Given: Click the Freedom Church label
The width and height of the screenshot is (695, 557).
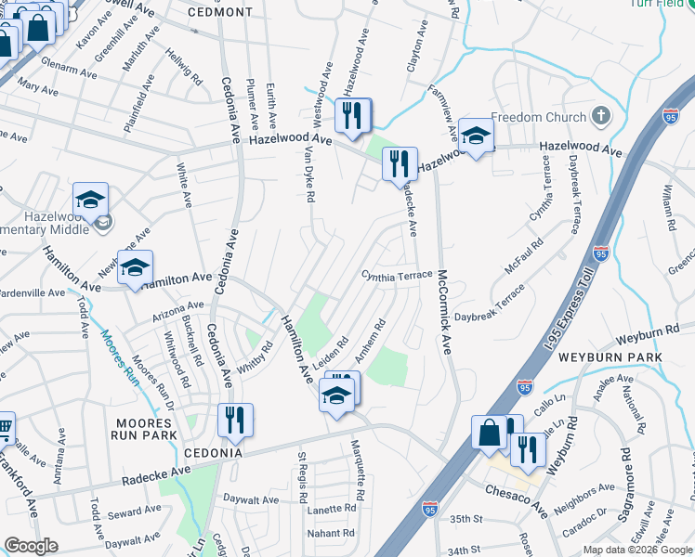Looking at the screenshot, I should click(x=538, y=118).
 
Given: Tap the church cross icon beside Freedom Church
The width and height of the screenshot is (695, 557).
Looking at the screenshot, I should click(x=601, y=117).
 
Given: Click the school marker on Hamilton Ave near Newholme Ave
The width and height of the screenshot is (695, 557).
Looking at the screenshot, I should click(x=136, y=270).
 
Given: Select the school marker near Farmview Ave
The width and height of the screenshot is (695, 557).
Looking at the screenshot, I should click(x=476, y=137).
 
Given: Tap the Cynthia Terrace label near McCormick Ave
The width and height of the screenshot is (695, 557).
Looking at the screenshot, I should click(x=397, y=276).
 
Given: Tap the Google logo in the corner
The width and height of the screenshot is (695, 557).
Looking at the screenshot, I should click(x=31, y=546).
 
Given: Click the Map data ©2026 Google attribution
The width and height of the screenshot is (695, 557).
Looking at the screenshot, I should click(x=637, y=550).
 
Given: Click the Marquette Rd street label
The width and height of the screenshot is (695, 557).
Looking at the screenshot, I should click(x=359, y=467).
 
